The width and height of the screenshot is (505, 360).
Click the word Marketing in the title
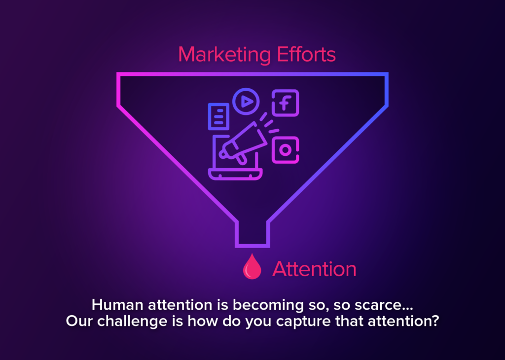(x=224, y=55)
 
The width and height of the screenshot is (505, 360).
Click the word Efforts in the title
(x=306, y=54)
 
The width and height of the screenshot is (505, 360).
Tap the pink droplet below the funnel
(x=252, y=266)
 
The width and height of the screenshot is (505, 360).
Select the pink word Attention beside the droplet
(x=314, y=269)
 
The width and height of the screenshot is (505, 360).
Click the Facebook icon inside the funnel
(x=286, y=103)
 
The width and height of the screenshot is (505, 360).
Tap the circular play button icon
(x=246, y=102)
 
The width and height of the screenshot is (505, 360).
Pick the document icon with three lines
(x=218, y=116)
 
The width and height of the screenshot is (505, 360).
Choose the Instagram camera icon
(x=286, y=150)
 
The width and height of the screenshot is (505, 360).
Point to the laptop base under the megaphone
(x=235, y=174)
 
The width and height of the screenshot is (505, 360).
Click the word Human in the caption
(x=117, y=305)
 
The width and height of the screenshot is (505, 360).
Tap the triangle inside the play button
(x=247, y=102)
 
